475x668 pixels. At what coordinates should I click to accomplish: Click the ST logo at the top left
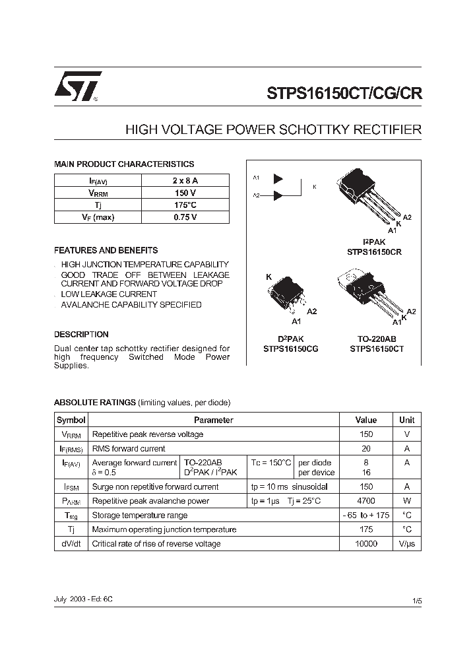click(77, 86)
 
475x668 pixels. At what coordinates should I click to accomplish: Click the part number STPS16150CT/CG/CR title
click(344, 94)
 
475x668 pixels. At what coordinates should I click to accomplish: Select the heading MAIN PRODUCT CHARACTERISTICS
click(124, 164)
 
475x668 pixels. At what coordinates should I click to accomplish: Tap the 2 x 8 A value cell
click(185, 180)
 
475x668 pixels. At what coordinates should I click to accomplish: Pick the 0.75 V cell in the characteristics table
click(185, 217)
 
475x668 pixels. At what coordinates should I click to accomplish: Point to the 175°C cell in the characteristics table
click(185, 205)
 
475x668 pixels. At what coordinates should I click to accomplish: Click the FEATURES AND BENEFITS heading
click(106, 251)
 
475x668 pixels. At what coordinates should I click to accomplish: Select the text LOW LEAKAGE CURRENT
click(109, 294)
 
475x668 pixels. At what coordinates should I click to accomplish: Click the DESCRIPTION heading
click(81, 335)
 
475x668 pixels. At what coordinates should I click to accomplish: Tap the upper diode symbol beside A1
click(278, 179)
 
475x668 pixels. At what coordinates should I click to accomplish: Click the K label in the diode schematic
click(315, 187)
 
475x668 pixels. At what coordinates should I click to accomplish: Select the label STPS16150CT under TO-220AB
click(377, 349)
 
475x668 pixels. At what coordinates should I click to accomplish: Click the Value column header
click(365, 420)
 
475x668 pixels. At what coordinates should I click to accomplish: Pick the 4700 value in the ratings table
click(365, 501)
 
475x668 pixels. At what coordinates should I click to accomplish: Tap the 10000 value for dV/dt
click(365, 544)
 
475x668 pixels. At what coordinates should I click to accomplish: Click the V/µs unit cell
click(407, 544)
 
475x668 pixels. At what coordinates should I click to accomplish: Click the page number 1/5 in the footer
click(416, 601)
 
